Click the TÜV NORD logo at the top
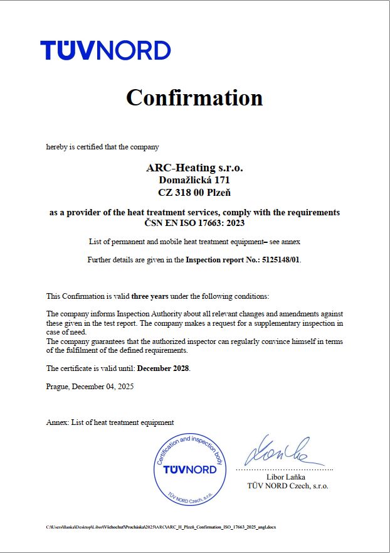(105, 50)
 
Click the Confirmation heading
(194, 98)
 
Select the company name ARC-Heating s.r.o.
(194, 168)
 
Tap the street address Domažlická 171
(194, 180)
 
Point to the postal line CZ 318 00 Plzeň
(194, 191)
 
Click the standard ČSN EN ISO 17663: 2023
(194, 222)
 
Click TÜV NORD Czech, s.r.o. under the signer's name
(288, 486)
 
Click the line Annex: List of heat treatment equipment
(110, 422)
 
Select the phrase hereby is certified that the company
(102, 147)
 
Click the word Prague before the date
(58, 387)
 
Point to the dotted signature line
(285, 469)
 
